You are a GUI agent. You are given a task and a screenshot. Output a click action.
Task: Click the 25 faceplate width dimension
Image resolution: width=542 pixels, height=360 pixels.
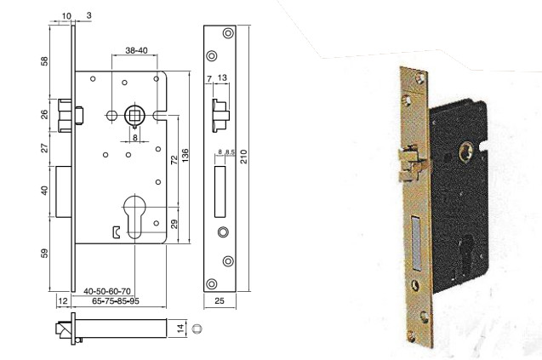click(219, 300)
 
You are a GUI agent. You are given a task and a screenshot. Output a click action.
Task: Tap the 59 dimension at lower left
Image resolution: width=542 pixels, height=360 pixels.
click(46, 254)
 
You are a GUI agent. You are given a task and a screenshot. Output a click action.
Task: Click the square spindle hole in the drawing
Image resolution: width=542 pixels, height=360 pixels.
click(134, 113)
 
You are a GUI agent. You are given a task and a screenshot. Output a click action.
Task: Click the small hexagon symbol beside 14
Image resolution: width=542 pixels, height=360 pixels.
click(197, 328)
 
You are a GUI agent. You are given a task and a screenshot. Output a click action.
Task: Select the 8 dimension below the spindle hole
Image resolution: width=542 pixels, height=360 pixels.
click(134, 137)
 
